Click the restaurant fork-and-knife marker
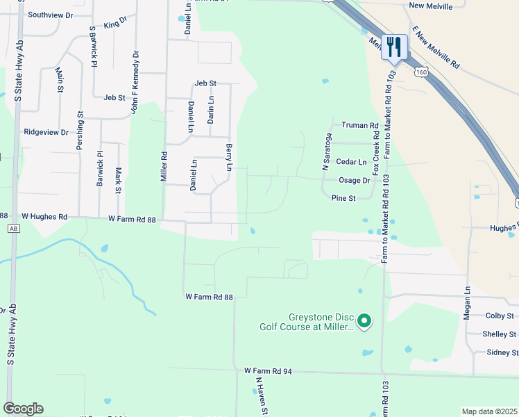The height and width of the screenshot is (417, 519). (x=394, y=47)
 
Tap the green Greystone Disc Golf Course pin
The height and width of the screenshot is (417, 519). (x=364, y=320)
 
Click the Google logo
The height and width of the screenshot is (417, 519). (x=23, y=409)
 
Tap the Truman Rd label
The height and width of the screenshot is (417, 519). (x=359, y=126)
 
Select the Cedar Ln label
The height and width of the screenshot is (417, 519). (x=350, y=162)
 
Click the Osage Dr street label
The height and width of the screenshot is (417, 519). (x=355, y=180)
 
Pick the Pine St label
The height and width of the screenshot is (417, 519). (x=343, y=198)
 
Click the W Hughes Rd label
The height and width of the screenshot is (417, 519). (x=44, y=218)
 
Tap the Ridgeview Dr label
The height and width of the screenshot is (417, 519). (x=46, y=131)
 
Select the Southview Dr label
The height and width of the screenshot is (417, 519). (x=51, y=14)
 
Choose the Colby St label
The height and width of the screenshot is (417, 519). (x=500, y=316)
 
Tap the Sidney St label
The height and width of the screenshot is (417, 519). (x=501, y=352)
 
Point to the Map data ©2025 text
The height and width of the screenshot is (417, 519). (x=489, y=411)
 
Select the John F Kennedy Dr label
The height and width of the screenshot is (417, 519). (x=133, y=82)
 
